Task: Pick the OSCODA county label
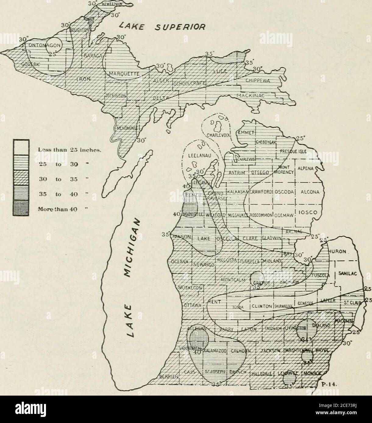point(284,192)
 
